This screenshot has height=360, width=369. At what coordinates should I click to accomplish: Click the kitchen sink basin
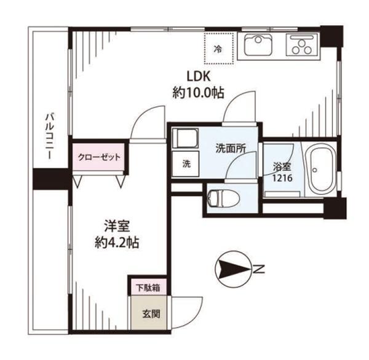(x=258, y=45)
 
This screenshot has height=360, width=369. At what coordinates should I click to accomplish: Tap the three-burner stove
(x=301, y=45)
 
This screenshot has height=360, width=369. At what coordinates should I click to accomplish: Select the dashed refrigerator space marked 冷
(x=218, y=49)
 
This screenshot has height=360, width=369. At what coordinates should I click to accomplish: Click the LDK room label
(x=198, y=76)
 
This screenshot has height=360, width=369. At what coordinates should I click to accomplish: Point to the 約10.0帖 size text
(x=198, y=93)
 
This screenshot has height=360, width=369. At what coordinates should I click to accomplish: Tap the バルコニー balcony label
(x=50, y=136)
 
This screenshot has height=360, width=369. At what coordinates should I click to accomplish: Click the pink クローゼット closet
(x=98, y=157)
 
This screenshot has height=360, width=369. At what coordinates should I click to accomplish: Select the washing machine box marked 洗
(x=186, y=164)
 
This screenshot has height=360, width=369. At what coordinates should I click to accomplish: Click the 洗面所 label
(x=231, y=149)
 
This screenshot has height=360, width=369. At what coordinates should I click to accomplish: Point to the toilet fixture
(x=223, y=198)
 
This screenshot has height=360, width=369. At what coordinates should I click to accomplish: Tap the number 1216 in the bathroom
(x=282, y=178)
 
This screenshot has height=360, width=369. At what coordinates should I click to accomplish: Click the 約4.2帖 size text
(x=117, y=243)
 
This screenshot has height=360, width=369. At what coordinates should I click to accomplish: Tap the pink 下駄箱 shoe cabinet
(x=148, y=288)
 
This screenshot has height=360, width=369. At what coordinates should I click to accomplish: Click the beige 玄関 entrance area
(x=148, y=313)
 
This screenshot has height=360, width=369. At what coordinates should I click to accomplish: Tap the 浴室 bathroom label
(x=282, y=167)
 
